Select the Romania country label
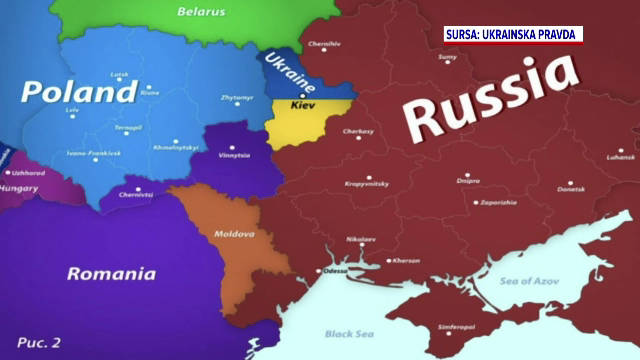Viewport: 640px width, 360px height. (111, 273)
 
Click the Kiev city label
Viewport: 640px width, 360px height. (304, 103)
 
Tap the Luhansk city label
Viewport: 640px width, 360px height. (620, 157)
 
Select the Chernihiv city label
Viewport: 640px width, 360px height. (323, 45)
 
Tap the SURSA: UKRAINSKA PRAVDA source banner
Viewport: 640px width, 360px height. (513, 35)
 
